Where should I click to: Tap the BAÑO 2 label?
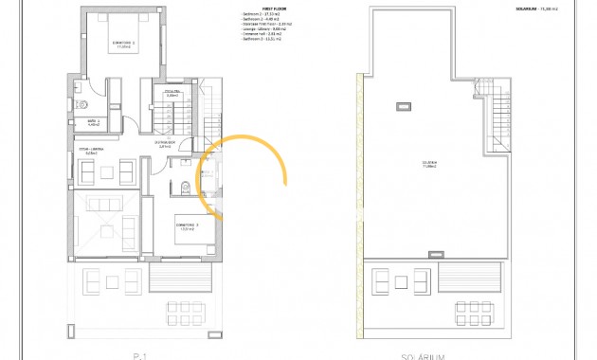(94, 122)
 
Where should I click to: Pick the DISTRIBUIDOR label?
(164, 144)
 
